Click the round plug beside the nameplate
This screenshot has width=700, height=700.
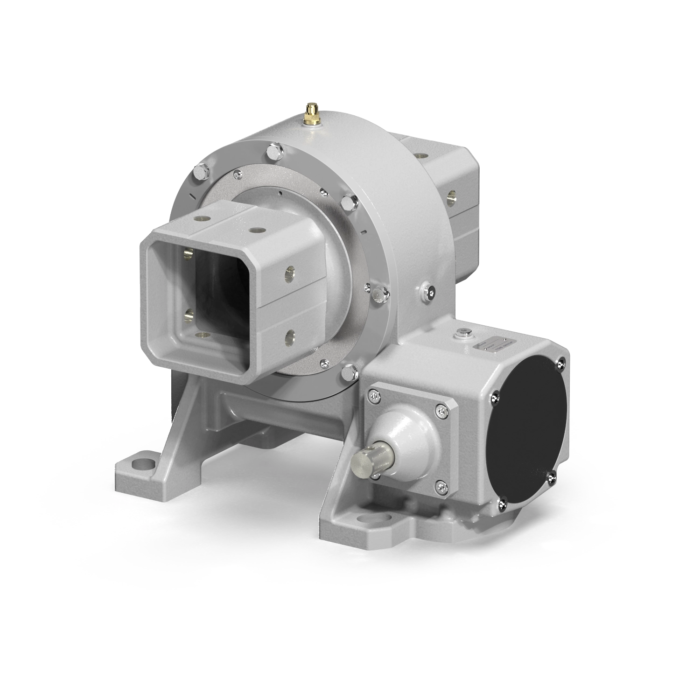pyautogui.click(x=463, y=332)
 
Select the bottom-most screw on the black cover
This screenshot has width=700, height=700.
pyautogui.click(x=503, y=503)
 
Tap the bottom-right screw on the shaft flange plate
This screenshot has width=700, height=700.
pyautogui.click(x=441, y=488)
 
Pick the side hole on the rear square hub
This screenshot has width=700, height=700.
pyautogui.click(x=452, y=196)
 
